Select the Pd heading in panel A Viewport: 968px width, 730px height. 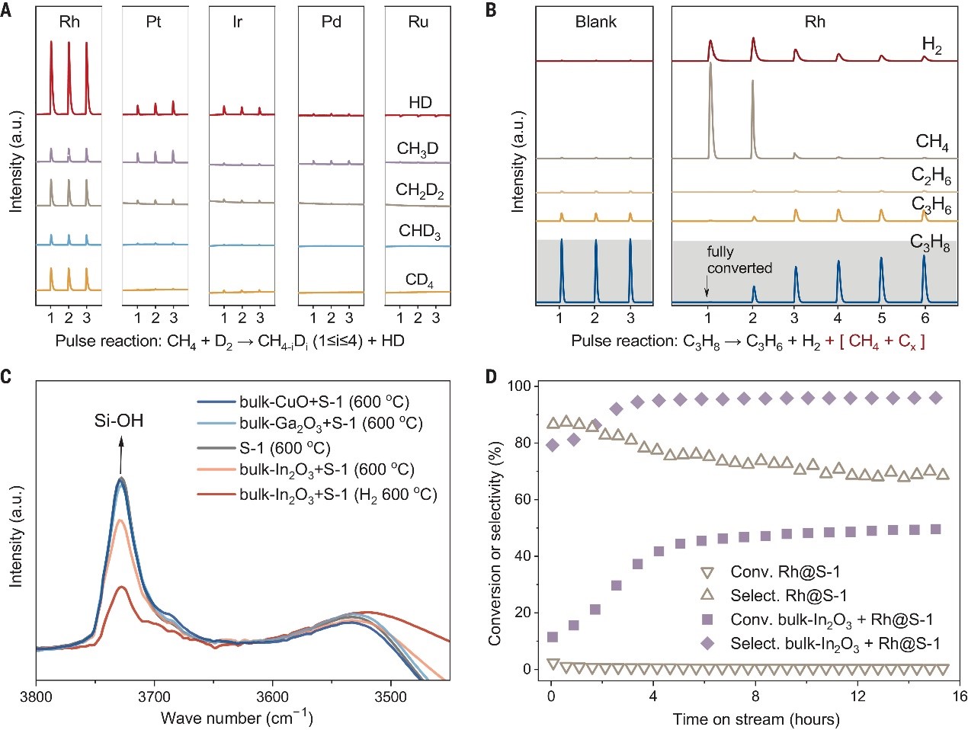(x=332, y=21)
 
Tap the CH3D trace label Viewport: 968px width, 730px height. (x=418, y=149)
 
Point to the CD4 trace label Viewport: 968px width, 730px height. (x=419, y=280)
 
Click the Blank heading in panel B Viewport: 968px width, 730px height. (x=595, y=21)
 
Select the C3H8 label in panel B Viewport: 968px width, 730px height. (x=930, y=243)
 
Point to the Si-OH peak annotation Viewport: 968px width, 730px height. (x=118, y=421)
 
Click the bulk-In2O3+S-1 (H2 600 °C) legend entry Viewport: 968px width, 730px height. (x=338, y=495)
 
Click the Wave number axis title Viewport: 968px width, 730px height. (x=237, y=717)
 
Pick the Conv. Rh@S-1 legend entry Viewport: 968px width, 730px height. (x=785, y=572)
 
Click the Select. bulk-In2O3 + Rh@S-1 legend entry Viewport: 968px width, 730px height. (x=835, y=644)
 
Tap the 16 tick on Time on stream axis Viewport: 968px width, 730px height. (x=959, y=696)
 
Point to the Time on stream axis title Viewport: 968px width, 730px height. (x=756, y=719)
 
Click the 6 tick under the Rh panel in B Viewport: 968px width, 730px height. (x=925, y=318)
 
